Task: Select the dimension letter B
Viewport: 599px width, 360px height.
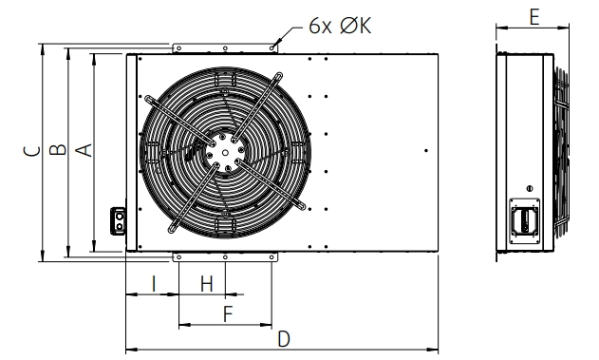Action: [x=58, y=149]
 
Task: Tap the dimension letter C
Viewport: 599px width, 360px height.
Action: [x=31, y=151]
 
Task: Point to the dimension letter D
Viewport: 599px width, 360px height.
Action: [x=284, y=339]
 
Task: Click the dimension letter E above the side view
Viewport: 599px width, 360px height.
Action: [x=534, y=17]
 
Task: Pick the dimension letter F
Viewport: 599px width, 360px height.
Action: [x=228, y=313]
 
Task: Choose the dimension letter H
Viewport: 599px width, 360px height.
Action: [x=207, y=284]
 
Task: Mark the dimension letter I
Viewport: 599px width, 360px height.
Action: [x=154, y=284]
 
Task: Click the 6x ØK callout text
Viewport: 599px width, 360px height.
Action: [x=340, y=26]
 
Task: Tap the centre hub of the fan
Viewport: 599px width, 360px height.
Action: [x=225, y=153]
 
